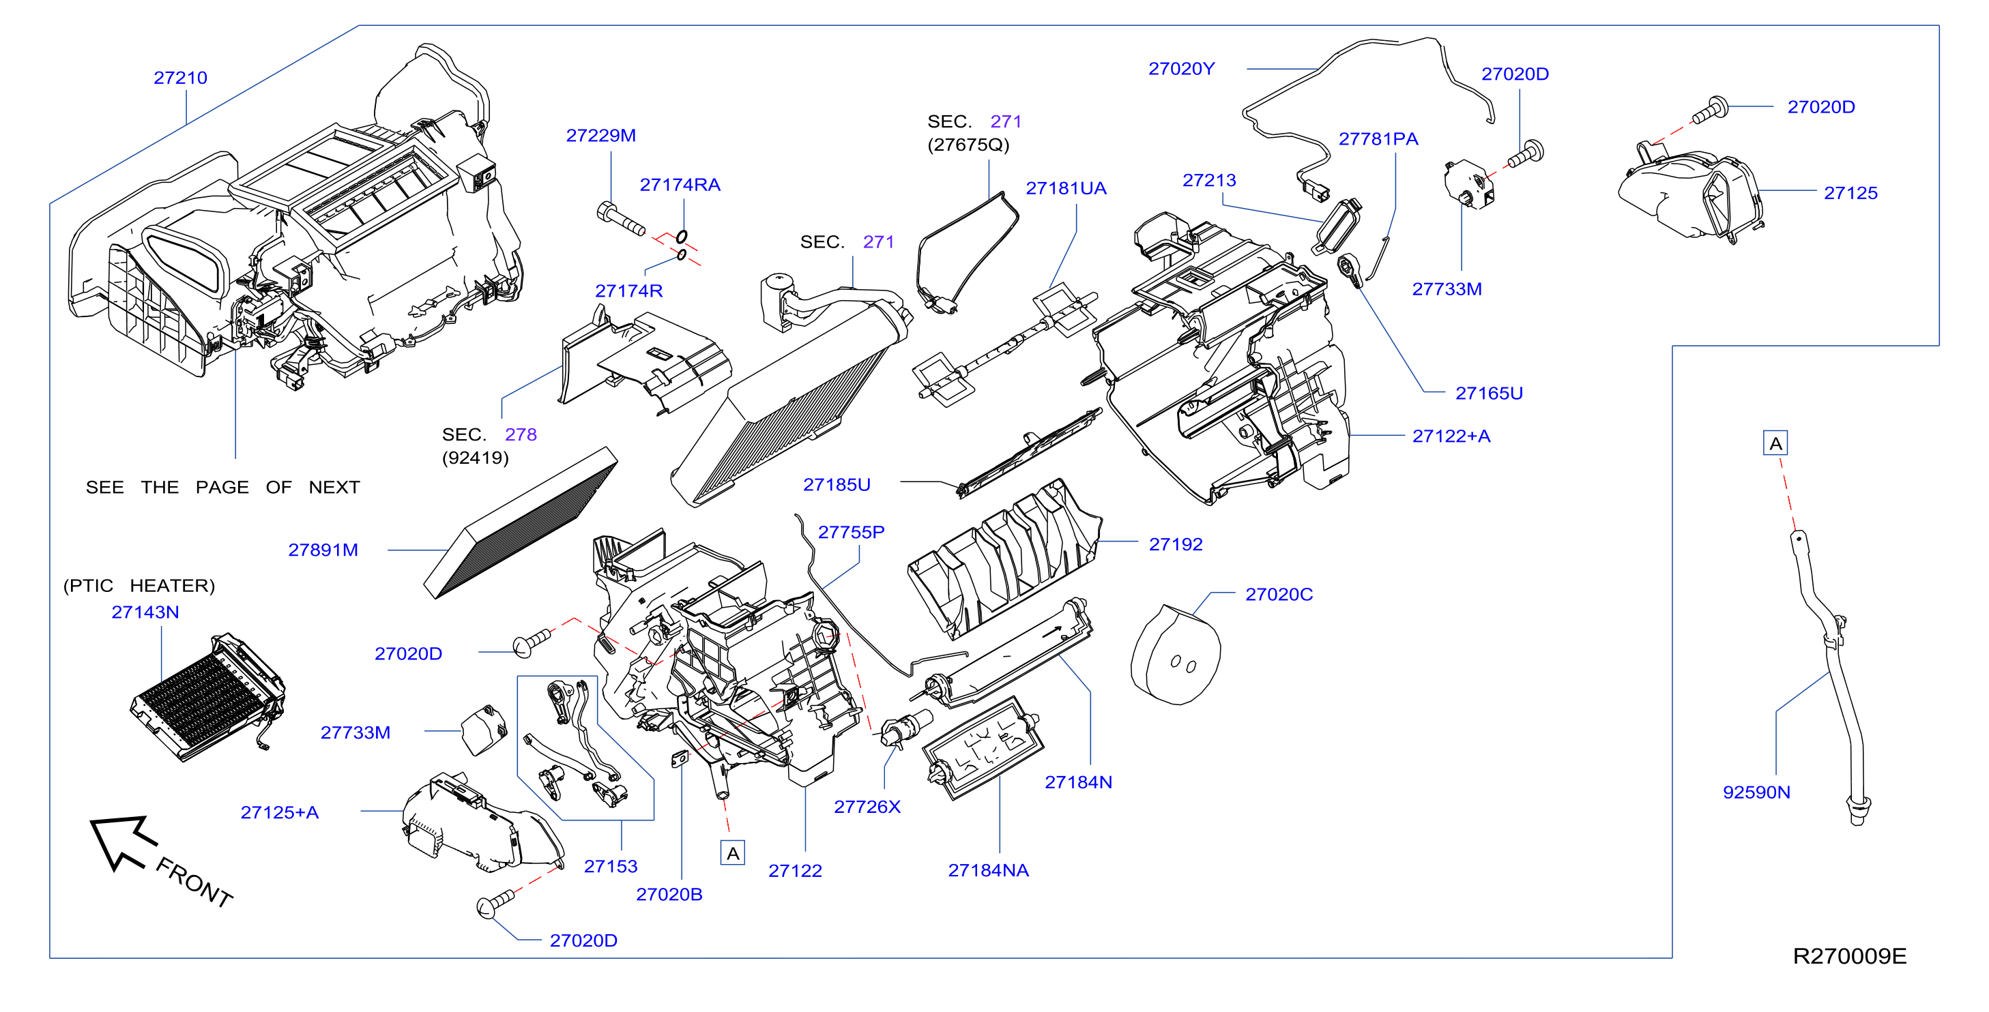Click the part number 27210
pyautogui.click(x=181, y=78)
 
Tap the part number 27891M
pyautogui.click(x=323, y=550)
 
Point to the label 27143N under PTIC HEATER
pyautogui.click(x=145, y=612)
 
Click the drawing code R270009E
pyautogui.click(x=1849, y=956)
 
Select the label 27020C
pyautogui.click(x=1279, y=595)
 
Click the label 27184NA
pyautogui.click(x=988, y=871)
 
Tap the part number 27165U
pyautogui.click(x=1489, y=393)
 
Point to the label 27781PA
pyautogui.click(x=1378, y=140)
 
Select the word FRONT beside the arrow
pyautogui.click(x=194, y=882)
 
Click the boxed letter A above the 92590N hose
pyautogui.click(x=1776, y=444)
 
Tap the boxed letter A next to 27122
pyautogui.click(x=733, y=853)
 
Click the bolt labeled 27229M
pyautogui.click(x=621, y=218)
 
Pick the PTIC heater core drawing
pyautogui.click(x=207, y=697)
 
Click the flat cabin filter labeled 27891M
pyautogui.click(x=521, y=522)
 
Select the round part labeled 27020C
pyautogui.click(x=1175, y=655)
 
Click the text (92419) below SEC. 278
pyautogui.click(x=475, y=458)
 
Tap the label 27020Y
pyautogui.click(x=1181, y=70)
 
